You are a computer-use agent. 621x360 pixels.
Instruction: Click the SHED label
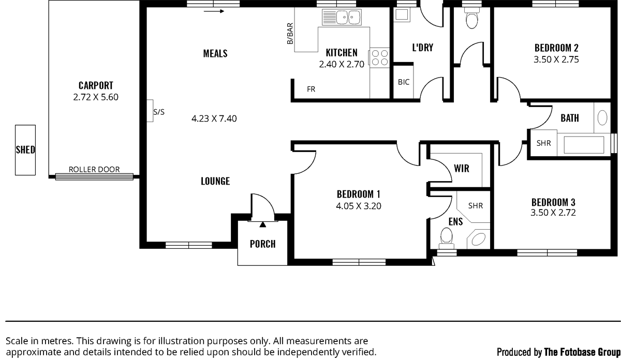[25, 149]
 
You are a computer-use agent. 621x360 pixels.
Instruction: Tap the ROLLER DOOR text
[94, 169]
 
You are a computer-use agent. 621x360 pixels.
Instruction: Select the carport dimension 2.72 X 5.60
[96, 97]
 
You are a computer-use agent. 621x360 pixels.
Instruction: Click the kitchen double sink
[342, 17]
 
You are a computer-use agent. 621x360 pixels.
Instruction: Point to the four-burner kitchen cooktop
[379, 57]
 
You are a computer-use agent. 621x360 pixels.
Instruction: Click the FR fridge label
[311, 89]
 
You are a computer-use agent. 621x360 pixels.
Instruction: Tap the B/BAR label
[290, 34]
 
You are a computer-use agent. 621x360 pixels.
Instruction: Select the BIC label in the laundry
[403, 82]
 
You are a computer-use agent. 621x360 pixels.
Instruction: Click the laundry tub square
[402, 14]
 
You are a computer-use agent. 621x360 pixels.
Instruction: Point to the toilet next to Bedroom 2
[472, 18]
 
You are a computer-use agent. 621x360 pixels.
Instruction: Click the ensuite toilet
[446, 238]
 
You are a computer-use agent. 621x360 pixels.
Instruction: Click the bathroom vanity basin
[602, 118]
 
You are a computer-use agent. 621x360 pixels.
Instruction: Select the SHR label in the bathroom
[543, 143]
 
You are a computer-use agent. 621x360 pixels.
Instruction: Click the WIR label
[462, 168]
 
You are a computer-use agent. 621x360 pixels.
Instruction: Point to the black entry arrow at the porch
[262, 224]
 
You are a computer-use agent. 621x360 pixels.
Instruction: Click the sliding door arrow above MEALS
[214, 11]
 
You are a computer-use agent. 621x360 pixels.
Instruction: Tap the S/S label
[159, 112]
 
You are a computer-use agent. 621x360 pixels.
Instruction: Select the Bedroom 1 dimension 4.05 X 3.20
[359, 206]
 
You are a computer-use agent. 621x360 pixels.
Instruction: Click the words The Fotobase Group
[582, 352]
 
